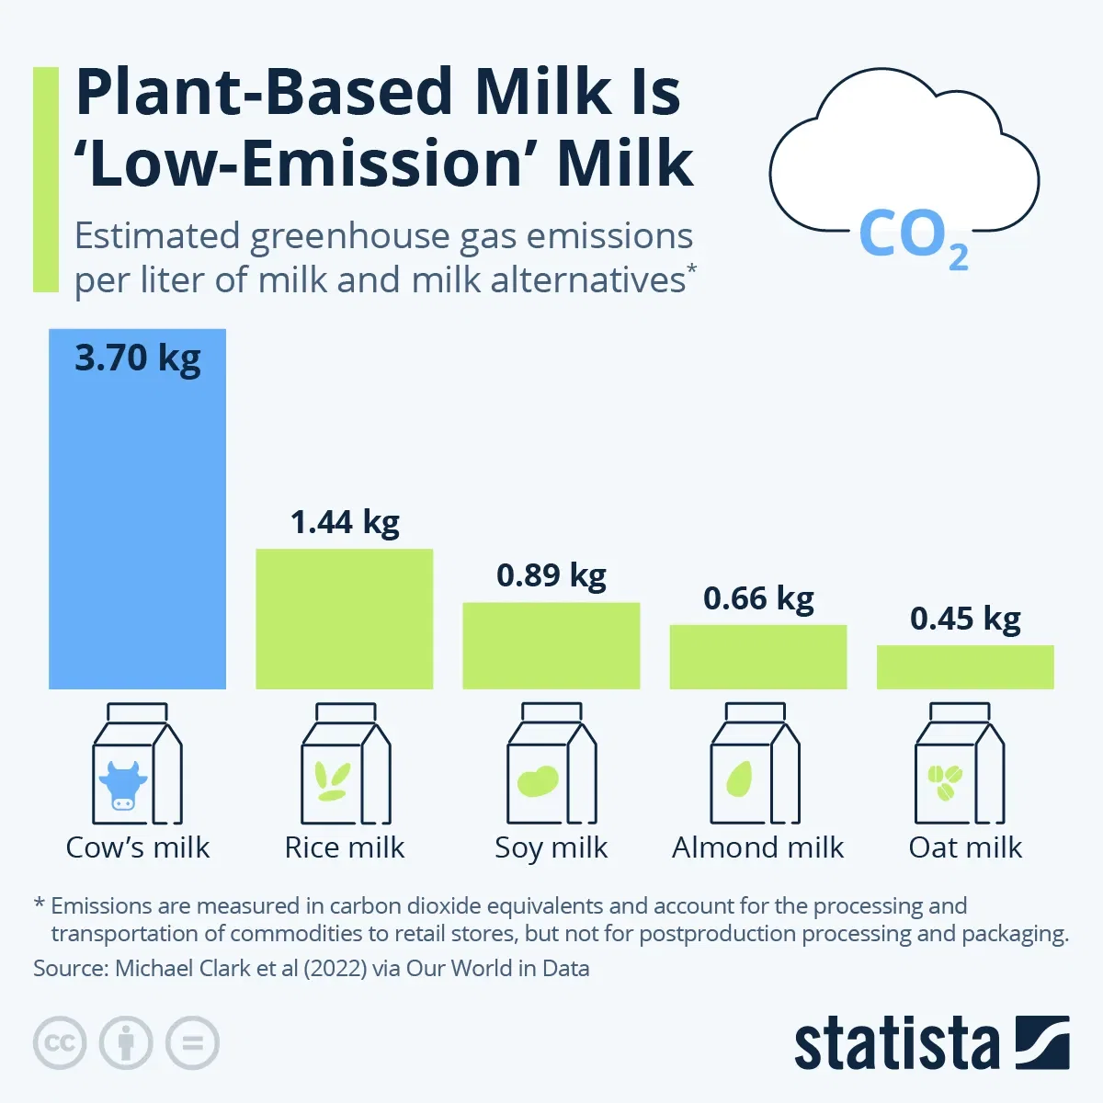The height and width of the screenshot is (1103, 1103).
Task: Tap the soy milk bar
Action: click(551, 645)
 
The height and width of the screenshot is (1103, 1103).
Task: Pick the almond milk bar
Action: click(757, 656)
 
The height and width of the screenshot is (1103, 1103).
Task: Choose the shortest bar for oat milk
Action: click(964, 666)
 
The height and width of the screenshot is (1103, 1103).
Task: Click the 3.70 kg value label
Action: click(137, 358)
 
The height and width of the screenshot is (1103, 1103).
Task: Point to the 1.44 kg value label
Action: click(345, 522)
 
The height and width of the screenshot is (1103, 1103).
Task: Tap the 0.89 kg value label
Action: click(551, 575)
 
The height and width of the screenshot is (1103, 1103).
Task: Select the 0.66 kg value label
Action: click(758, 598)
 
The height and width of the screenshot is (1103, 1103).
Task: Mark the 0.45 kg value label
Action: click(965, 619)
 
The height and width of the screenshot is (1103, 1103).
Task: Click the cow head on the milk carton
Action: click(122, 784)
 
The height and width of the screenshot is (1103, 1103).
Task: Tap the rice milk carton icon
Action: click(346, 765)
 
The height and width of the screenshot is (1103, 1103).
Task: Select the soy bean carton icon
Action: click(551, 765)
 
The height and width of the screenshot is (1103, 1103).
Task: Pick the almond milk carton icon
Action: click(755, 765)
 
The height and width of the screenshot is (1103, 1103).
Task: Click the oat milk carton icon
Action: click(960, 765)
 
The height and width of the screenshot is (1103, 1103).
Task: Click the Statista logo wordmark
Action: click(896, 1044)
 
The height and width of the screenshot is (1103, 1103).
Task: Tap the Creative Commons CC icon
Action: click(60, 1043)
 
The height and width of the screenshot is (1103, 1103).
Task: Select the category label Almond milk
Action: click(757, 847)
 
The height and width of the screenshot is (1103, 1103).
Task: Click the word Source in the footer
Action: click(67, 969)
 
